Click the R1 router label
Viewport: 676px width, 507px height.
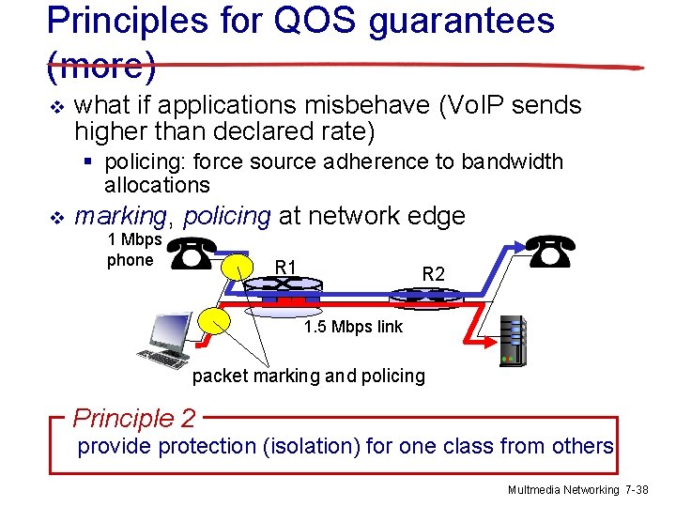coord(286,268)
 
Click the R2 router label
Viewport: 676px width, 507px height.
coord(433,274)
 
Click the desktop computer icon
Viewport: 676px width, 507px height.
coord(164,339)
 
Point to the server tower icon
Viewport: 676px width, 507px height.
coord(514,340)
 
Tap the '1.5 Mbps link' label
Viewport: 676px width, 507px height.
coord(353,327)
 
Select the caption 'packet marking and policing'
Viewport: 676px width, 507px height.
coord(308,376)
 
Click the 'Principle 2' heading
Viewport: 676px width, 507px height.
coord(134,418)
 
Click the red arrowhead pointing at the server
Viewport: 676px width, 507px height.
coord(496,318)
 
